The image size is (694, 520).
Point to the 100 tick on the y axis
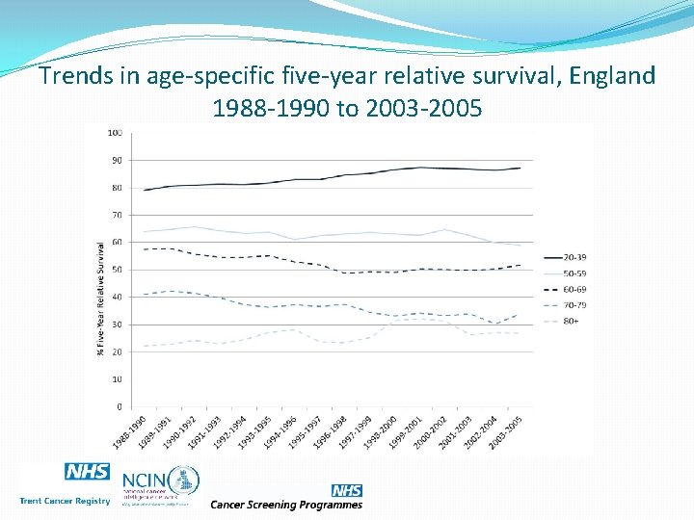click(115, 132)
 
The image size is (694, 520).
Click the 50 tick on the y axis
click(117, 270)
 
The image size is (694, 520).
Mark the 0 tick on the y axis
click(119, 407)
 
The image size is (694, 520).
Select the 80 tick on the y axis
click(117, 188)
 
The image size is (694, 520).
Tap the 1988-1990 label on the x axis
click(130, 431)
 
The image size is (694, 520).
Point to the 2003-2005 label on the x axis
click(507, 431)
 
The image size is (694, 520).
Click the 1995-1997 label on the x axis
click(306, 431)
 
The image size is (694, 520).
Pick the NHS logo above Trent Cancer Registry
click(87, 472)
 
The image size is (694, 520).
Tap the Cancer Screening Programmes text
click(286, 505)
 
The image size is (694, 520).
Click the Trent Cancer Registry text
click(65, 501)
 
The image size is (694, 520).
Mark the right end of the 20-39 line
click(520, 169)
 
